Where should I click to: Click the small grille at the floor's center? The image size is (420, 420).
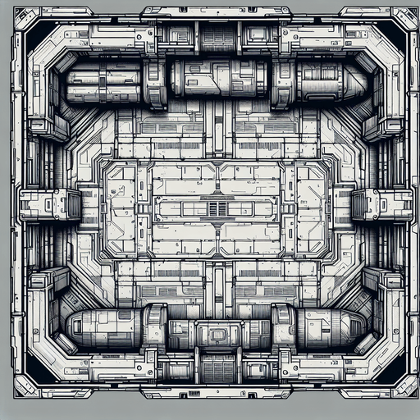pyautogui.click(x=217, y=208)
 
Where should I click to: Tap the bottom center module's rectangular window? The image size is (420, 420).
pyautogui.click(x=218, y=335)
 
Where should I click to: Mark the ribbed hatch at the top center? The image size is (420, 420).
pyautogui.click(x=217, y=37)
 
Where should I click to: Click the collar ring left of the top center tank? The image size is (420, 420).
pyautogui.click(x=155, y=82)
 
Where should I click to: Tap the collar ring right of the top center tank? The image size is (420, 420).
pyautogui.click(x=281, y=82)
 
